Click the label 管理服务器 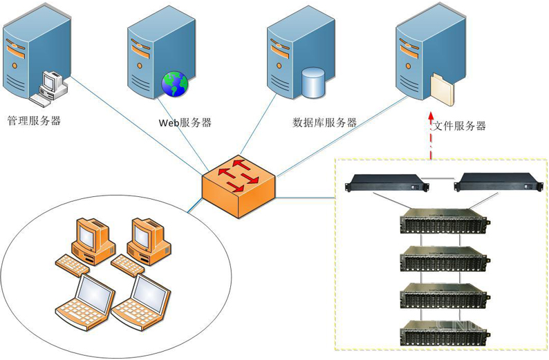tap(34, 121)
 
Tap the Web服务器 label tap(185, 122)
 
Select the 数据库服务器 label tap(324, 122)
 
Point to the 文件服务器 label tap(459, 126)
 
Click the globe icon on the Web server tap(175, 84)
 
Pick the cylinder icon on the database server tap(313, 82)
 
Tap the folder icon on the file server tap(443, 90)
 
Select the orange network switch tap(239, 187)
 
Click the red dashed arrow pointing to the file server tap(431, 136)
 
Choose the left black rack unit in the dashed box tap(387, 182)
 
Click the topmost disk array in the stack tap(445, 220)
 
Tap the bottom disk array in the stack tap(445, 332)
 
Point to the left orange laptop tap(86, 302)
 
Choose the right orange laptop tap(141, 302)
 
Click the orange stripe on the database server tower tap(280, 50)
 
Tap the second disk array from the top tap(445, 258)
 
